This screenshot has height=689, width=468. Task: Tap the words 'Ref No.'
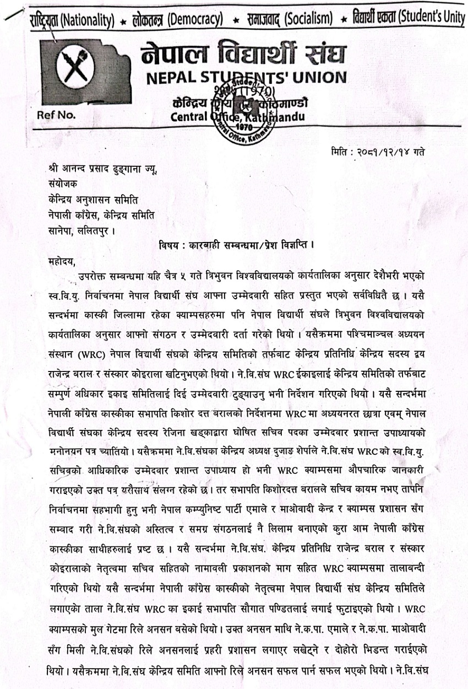point(57,115)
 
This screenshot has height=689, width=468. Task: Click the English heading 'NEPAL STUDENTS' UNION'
point(246,78)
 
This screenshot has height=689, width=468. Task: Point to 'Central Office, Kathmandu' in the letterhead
point(237,116)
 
